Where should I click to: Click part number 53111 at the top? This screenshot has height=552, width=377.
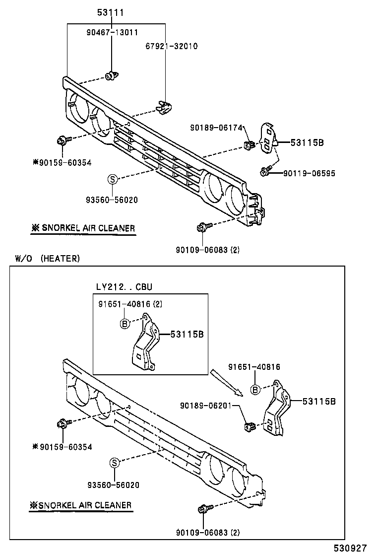(x=110, y=12)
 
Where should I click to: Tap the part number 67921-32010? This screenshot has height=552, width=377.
(x=171, y=46)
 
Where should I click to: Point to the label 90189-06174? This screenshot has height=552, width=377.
(x=216, y=128)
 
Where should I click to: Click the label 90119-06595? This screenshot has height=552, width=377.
(x=309, y=173)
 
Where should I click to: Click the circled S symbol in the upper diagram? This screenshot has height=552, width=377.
(x=113, y=179)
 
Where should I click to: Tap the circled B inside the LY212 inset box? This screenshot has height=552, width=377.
(x=125, y=324)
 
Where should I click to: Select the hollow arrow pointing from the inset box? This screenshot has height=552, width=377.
(x=226, y=383)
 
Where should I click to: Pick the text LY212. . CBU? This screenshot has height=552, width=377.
(x=124, y=287)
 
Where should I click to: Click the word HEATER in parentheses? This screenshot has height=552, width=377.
(x=60, y=258)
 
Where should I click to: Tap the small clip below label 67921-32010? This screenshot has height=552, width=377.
(x=163, y=106)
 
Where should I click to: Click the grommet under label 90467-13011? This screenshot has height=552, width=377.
(x=111, y=75)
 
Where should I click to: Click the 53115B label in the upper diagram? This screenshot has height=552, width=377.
(x=307, y=142)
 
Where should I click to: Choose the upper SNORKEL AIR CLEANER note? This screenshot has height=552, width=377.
(x=82, y=228)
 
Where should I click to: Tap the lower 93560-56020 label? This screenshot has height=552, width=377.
(x=112, y=484)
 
